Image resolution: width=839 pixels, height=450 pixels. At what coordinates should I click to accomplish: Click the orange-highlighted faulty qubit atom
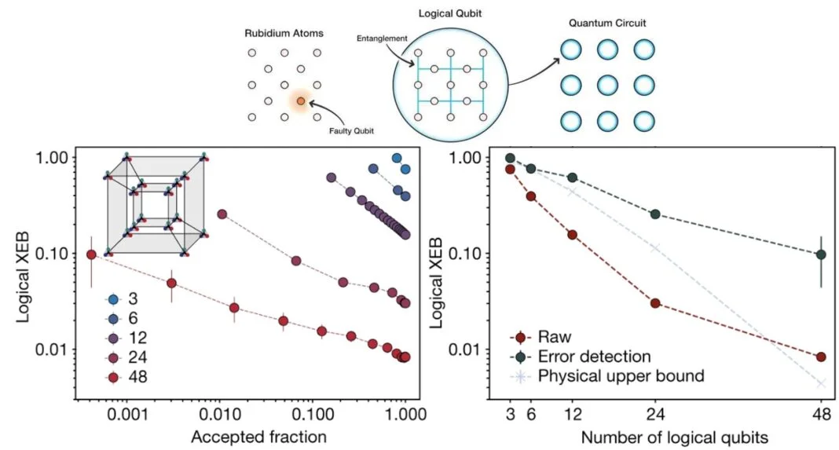[302, 101]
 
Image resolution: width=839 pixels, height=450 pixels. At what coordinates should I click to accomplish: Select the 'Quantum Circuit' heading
[603, 23]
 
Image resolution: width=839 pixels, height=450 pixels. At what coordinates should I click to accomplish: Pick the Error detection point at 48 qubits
[821, 254]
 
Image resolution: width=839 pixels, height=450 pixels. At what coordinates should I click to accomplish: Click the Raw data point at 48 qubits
[821, 357]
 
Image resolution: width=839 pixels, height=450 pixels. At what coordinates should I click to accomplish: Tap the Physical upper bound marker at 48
[821, 383]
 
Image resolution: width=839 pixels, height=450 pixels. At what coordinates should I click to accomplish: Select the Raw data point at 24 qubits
[654, 303]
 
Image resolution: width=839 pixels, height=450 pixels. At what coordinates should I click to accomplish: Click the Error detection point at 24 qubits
[654, 214]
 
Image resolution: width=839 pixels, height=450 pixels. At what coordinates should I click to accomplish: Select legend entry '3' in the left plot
[123, 299]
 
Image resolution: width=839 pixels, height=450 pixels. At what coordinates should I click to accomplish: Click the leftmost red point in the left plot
[91, 254]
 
